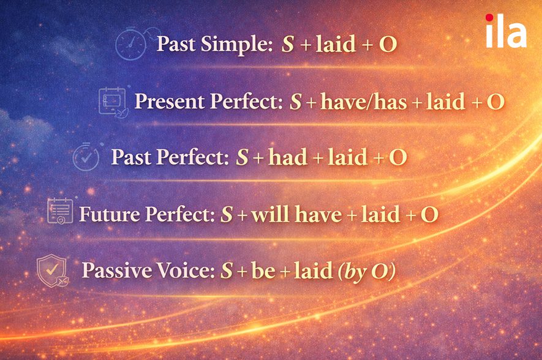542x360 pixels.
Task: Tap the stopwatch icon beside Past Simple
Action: (x=131, y=45)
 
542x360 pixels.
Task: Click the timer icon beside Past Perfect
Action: (x=86, y=157)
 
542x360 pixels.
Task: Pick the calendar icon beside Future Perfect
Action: (x=60, y=212)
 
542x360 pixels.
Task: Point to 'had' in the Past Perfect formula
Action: (x=288, y=157)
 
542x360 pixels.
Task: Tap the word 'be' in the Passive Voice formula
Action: (x=263, y=271)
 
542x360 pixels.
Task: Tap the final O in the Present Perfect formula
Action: (x=495, y=102)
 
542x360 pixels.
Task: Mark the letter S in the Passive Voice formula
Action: (x=227, y=271)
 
